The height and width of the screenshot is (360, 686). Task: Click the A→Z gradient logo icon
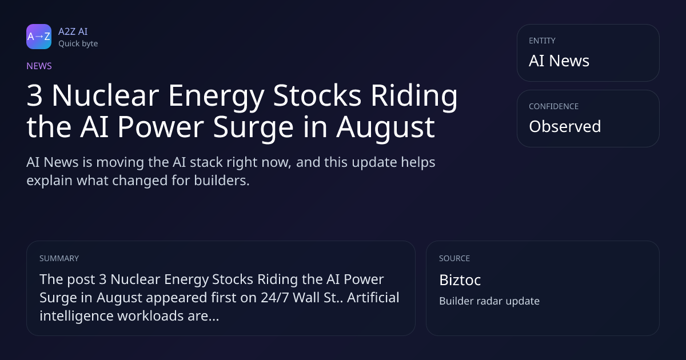(39, 37)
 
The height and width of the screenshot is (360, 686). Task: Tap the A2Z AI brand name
(73, 31)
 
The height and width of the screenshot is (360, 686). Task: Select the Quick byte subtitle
(78, 44)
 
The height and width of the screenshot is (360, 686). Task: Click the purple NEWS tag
(39, 66)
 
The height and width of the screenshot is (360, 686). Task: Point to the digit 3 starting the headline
(34, 95)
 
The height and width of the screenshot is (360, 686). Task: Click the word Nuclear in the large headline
(105, 95)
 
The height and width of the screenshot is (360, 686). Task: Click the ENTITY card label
(542, 41)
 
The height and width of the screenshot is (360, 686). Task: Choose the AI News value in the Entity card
(559, 61)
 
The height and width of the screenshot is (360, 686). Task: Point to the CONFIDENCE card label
(554, 106)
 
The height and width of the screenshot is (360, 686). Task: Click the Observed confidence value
(565, 126)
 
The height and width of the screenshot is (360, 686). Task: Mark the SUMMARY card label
(59, 258)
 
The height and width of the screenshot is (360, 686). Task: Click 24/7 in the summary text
(275, 298)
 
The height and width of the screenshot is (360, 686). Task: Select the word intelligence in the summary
(77, 316)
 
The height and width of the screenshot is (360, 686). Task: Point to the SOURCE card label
(454, 258)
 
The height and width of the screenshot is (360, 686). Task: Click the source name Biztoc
(460, 280)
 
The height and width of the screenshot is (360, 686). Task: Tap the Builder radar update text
(489, 301)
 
